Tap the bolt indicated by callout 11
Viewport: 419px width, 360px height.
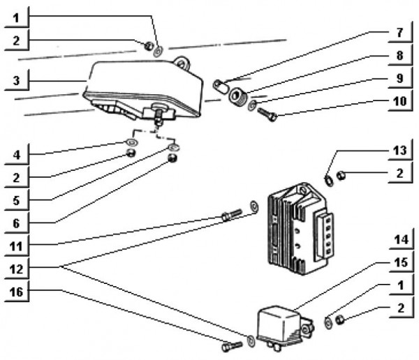click(x=230, y=216)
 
